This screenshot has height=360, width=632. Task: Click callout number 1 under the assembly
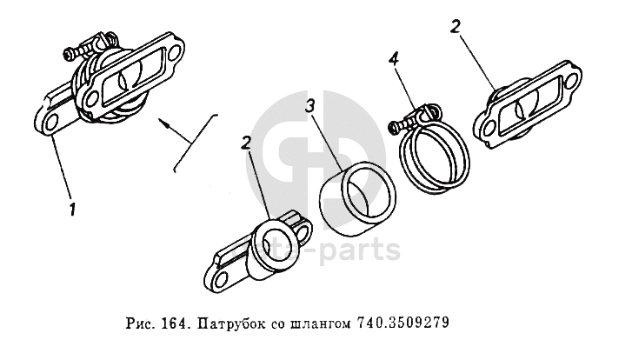[x=72, y=210]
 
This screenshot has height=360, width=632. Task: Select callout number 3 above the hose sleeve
[x=310, y=106]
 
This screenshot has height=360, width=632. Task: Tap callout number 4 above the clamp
[x=394, y=60]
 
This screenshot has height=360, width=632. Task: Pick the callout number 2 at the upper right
[x=455, y=28]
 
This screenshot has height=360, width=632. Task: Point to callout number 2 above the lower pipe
[x=246, y=143]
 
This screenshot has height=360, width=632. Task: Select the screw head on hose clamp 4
[x=392, y=128]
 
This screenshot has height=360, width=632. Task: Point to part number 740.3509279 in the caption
[x=402, y=323]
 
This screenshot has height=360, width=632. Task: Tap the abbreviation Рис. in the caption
[x=143, y=323]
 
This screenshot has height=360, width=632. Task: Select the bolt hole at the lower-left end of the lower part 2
[x=219, y=279]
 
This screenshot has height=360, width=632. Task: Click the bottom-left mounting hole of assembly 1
[x=50, y=123]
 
